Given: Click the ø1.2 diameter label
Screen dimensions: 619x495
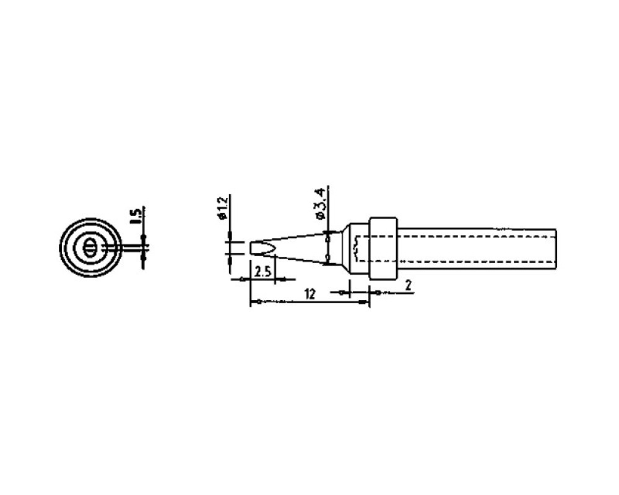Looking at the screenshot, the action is click(x=223, y=208).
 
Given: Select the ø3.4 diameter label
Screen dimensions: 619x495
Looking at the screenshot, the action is click(x=320, y=204).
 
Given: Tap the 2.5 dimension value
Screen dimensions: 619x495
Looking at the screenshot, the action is click(x=262, y=272).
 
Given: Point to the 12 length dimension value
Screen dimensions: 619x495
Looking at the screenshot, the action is click(x=310, y=294).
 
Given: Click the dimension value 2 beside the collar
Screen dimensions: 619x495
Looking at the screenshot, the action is click(x=409, y=285).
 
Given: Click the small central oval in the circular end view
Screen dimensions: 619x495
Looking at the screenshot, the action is click(x=90, y=248).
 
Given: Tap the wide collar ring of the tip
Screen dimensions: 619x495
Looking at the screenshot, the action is click(x=383, y=249).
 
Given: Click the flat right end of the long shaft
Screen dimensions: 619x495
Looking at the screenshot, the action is click(x=556, y=249).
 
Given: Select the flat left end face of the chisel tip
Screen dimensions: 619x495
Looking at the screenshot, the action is click(x=251, y=248).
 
